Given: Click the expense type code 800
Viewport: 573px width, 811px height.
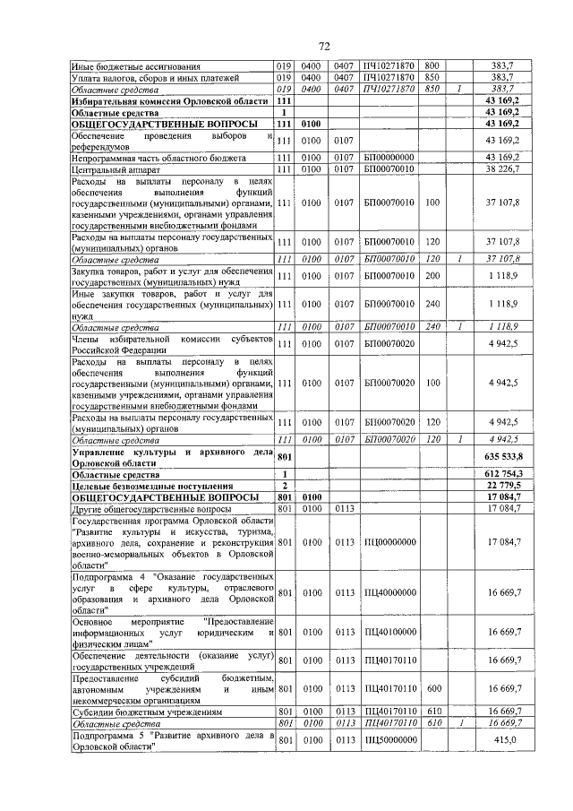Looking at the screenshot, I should click(x=432, y=65).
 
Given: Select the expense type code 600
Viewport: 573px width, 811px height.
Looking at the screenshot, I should click(x=432, y=689).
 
